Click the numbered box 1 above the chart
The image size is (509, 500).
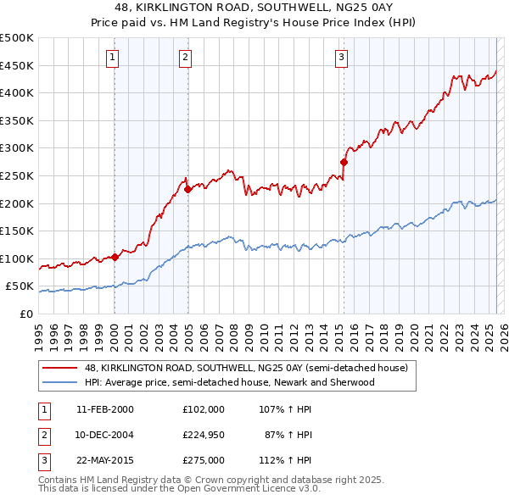point(113,58)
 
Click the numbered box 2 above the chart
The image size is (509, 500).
point(185,58)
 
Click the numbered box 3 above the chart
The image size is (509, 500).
point(341,58)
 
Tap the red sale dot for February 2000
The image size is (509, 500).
point(115,258)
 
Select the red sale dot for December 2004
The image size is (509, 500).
point(187,190)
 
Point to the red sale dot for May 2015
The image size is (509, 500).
point(344,162)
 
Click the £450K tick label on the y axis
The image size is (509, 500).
point(17,65)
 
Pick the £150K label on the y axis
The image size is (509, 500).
point(17,231)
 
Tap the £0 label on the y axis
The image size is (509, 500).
point(25,314)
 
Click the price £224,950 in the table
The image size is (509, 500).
point(204,435)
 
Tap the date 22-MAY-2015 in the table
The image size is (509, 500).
point(104,460)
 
